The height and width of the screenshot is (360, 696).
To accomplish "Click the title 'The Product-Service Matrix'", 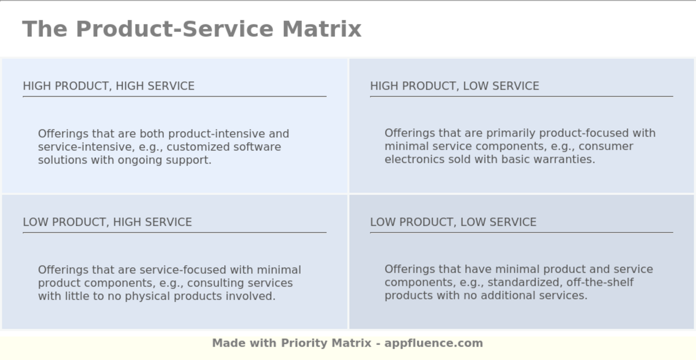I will point(192,29).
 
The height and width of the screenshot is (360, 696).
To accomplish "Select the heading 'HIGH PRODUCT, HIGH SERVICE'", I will point(108,86).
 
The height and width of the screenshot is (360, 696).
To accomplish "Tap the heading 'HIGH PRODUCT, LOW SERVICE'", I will point(454,86).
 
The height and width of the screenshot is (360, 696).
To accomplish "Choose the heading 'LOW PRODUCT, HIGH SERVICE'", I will point(107,222).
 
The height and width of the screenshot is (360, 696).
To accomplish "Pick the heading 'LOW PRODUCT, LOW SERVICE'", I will point(453,222).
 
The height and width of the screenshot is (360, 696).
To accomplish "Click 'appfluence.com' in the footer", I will point(434,343).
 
